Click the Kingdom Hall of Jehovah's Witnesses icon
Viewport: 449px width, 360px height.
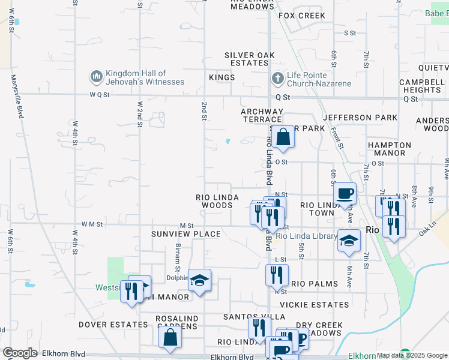click(96, 77)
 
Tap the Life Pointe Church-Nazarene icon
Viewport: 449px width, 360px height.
click(277, 78)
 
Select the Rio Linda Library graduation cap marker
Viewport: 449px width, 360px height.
click(348, 241)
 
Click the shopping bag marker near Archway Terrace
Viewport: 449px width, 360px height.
click(282, 137)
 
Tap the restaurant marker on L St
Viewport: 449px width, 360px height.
click(276, 275)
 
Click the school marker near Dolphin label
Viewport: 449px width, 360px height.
click(199, 280)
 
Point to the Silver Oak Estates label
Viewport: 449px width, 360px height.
click(250, 59)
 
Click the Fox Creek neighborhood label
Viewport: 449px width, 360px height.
click(301, 16)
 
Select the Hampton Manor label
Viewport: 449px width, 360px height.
click(389, 149)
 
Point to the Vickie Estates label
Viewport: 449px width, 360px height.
click(315, 305)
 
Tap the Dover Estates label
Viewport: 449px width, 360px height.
click(113, 325)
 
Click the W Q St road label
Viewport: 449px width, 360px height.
click(100, 95)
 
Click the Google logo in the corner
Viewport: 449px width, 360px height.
click(20, 353)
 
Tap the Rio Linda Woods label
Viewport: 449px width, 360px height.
click(214, 201)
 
